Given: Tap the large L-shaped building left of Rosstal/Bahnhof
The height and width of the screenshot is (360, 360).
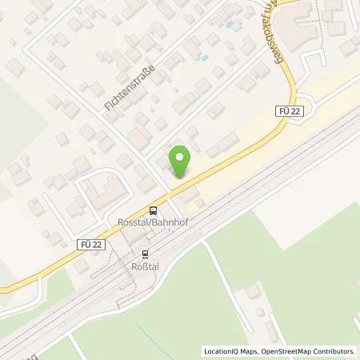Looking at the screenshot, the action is coord(98,191).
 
